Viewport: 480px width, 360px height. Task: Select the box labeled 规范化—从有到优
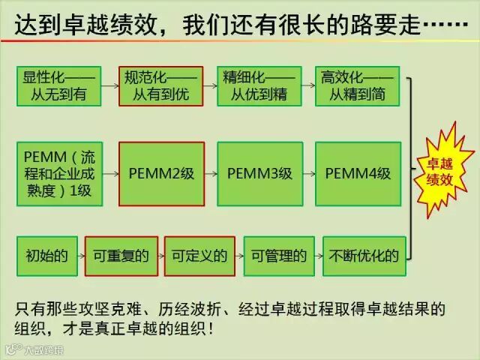(x=160, y=85)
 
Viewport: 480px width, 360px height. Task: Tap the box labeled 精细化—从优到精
(x=258, y=85)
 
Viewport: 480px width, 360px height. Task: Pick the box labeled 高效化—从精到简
(x=357, y=85)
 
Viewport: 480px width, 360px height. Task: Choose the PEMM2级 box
(x=160, y=173)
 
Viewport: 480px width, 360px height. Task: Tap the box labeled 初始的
(x=44, y=256)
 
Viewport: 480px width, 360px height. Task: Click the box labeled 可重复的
(x=121, y=256)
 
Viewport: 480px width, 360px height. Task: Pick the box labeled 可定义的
(x=199, y=256)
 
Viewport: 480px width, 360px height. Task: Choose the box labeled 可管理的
(x=278, y=256)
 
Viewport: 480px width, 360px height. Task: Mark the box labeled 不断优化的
(x=364, y=256)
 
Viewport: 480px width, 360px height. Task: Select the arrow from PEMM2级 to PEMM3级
(x=210, y=173)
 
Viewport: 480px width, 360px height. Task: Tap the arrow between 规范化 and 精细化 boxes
(x=209, y=85)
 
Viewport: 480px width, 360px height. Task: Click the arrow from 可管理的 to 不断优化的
(x=318, y=256)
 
